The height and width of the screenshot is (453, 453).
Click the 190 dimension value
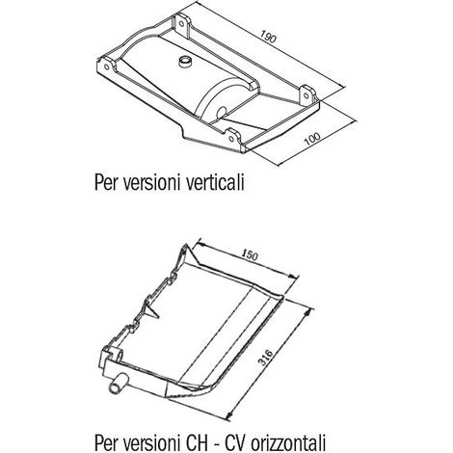268,37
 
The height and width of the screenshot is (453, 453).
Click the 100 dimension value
312,139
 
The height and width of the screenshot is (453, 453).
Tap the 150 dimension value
250,255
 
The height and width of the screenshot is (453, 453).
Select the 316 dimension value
266,357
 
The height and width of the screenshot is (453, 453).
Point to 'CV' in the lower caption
234,442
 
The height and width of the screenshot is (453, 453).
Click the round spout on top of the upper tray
185,61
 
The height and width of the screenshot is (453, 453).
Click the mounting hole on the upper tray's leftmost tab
106,67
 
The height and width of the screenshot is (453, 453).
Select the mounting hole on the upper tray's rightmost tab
306,95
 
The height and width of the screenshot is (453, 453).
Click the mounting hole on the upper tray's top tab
180,23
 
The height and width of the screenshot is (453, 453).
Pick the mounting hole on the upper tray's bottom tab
231,139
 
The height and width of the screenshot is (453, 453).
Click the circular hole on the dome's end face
222,113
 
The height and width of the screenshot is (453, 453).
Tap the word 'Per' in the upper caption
105,183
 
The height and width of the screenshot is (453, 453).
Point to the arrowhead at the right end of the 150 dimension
292,276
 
